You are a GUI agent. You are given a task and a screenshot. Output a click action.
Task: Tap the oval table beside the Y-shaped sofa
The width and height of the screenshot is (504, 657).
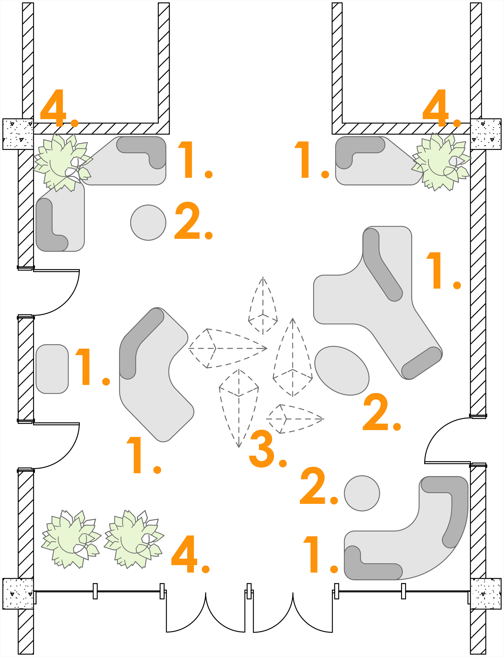[342, 371]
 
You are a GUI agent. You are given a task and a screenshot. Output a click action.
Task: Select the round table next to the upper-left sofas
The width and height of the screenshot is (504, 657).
[148, 222]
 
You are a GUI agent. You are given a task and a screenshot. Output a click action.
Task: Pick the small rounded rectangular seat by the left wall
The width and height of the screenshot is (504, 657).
[52, 369]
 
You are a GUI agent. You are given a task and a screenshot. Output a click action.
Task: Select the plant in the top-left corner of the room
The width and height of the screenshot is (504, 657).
[61, 162]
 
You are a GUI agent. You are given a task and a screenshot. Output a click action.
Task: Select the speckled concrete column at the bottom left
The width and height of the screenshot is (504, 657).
[18, 594]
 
